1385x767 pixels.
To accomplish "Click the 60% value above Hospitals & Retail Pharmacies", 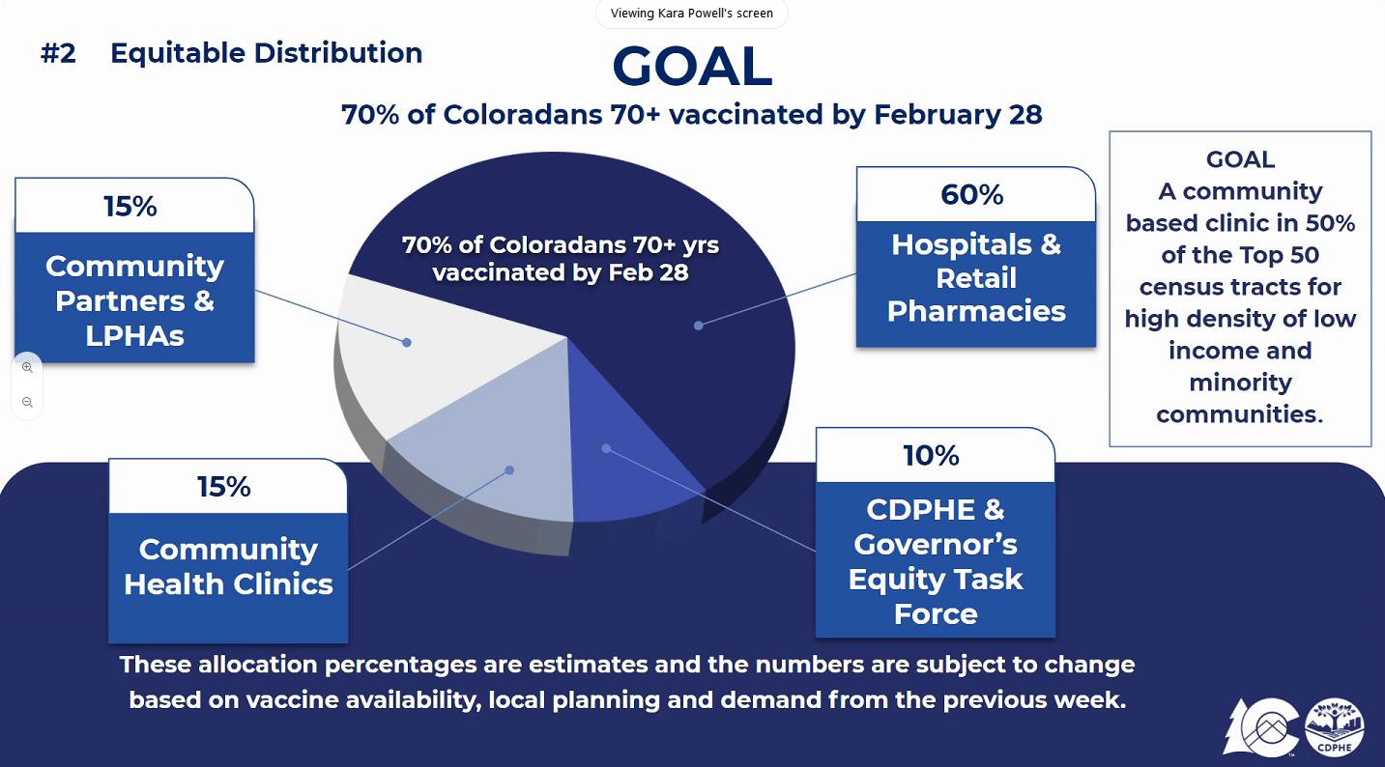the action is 972,195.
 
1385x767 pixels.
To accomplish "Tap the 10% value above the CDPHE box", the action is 931,456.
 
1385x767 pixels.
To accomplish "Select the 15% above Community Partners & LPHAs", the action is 130,207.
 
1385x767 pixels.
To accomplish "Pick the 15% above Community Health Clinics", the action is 224,487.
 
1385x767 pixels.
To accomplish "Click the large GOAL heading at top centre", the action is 692,66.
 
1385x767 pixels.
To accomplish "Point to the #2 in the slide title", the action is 58,53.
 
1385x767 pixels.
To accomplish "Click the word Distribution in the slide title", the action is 338,52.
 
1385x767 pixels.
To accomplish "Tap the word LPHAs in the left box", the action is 134,336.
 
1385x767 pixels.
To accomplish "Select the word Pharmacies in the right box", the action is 976,312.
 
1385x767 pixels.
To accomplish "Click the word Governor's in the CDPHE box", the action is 936,545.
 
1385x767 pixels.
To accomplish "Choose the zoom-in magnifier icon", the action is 27,367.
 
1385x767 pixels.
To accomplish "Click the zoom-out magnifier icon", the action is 27,403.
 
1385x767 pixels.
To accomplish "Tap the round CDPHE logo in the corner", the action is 1335,727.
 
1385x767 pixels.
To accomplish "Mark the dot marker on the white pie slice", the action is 406,342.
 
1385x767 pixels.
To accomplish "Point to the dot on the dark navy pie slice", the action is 698,326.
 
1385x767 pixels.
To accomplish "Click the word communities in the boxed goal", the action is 1240,414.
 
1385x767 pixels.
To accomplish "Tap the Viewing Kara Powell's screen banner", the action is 692,13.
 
